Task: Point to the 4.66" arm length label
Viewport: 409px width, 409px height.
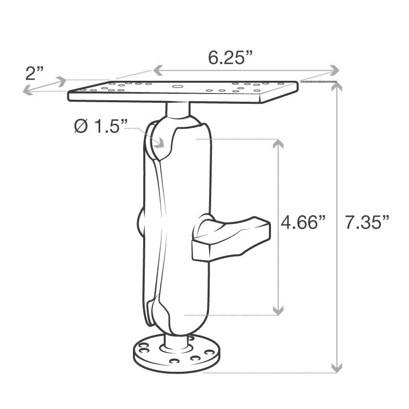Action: (x=304, y=223)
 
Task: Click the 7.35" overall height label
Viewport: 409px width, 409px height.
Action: (x=367, y=223)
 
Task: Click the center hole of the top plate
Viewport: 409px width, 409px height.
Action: (x=176, y=86)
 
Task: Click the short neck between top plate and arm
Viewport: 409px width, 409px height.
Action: (x=178, y=108)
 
